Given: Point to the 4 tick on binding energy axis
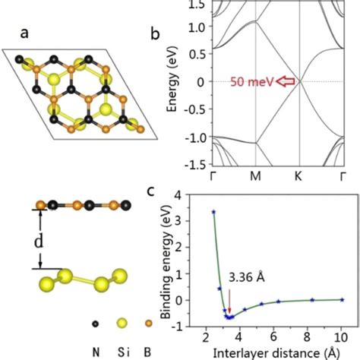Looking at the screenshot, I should [x=198, y=195].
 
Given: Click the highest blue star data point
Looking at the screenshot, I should [x=214, y=212].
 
